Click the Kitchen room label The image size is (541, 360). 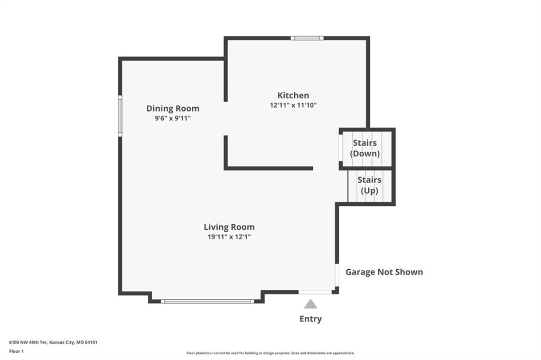point(293,95)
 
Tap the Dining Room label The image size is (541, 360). point(173,108)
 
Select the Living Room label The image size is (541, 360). point(229,227)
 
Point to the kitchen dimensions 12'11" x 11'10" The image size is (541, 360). point(293,105)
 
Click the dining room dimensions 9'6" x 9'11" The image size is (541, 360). point(173,118)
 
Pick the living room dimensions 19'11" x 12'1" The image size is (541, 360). point(229,237)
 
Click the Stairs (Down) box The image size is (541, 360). point(367,149)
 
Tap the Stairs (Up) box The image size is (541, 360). point(371,186)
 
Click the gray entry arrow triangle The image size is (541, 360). point(311,304)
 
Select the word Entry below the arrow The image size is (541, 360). point(311,319)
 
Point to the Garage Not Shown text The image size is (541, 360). point(384,272)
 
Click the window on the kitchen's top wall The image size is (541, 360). point(307,38)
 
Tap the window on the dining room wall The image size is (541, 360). point(120,116)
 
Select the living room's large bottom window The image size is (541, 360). point(207,301)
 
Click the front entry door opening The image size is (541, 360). point(315,292)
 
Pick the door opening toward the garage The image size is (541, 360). point(337,275)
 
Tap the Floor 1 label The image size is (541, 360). point(16,352)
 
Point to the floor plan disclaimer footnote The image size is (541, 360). point(270,353)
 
